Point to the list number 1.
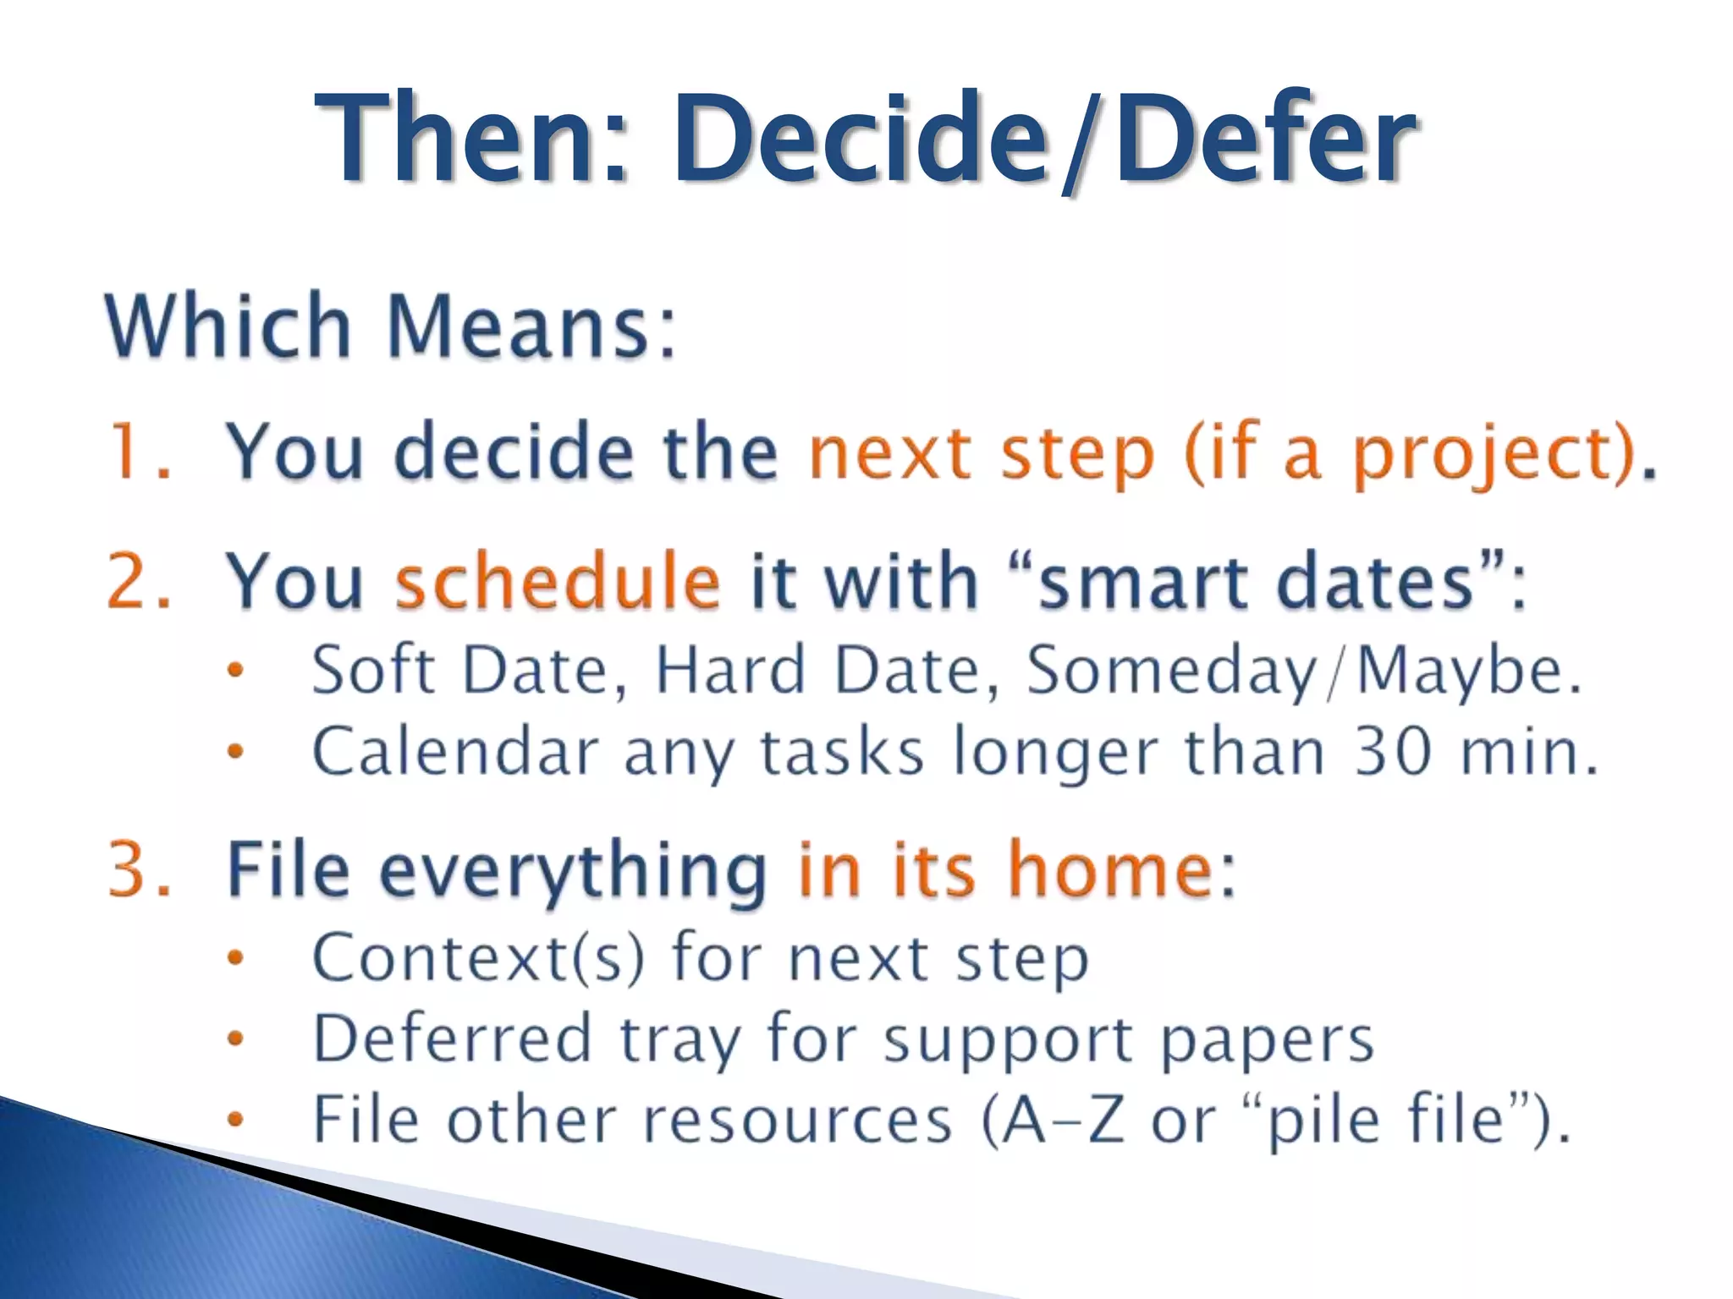coord(127,452)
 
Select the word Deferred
coord(452,1039)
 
